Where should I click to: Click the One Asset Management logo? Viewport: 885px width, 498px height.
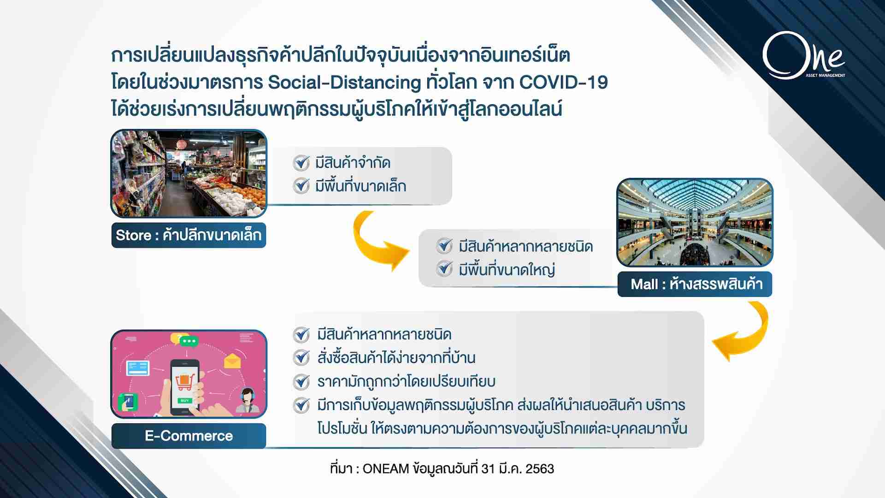(x=803, y=55)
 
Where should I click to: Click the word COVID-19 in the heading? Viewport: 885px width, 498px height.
(x=563, y=83)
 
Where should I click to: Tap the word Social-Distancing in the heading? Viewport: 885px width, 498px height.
(x=344, y=83)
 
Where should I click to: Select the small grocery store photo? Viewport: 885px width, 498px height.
(x=189, y=173)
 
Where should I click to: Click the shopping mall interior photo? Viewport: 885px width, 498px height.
(x=695, y=222)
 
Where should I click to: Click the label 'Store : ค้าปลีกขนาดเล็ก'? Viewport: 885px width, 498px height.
(x=189, y=235)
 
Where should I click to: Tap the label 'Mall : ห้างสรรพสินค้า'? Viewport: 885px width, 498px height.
(x=695, y=284)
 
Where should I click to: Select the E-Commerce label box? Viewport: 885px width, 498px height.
(x=189, y=436)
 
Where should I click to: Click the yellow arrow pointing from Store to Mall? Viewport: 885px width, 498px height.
(x=373, y=242)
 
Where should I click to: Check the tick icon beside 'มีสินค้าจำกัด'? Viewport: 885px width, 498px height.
(x=301, y=163)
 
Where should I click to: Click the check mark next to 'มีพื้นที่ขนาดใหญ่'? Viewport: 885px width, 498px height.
(x=444, y=269)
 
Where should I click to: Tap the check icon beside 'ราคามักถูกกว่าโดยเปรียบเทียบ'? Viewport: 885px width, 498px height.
(x=301, y=381)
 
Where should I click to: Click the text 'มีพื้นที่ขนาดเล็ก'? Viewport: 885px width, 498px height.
(x=360, y=186)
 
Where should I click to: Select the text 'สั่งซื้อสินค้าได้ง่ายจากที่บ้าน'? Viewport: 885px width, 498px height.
(x=396, y=358)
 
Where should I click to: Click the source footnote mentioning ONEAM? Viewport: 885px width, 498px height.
(x=442, y=468)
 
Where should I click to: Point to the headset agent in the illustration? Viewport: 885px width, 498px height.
(x=248, y=401)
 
